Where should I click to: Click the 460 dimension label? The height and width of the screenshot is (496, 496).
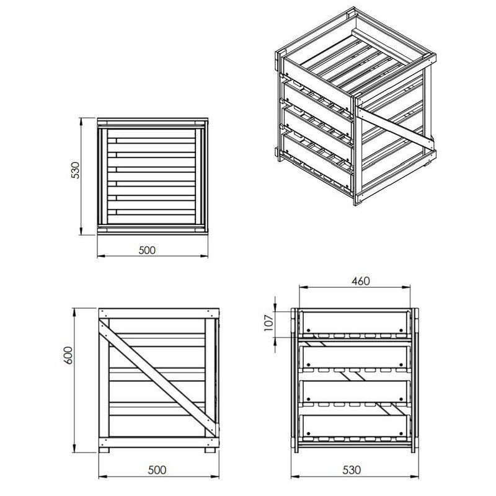point(360,281)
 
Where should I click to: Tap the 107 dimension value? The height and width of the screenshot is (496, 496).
point(268,322)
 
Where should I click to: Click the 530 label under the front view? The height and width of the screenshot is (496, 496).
point(352,470)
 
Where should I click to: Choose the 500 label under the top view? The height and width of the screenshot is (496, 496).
point(147,250)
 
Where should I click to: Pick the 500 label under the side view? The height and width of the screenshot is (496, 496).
point(157,470)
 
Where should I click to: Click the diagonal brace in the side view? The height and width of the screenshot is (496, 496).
point(158,378)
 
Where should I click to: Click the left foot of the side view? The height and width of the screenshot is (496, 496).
point(104,450)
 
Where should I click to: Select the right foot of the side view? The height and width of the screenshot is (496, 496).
point(210,450)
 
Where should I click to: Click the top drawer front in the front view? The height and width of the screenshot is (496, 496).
point(354,322)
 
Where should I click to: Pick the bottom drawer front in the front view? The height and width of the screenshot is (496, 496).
point(354,426)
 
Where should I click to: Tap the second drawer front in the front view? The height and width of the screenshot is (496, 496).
point(354,358)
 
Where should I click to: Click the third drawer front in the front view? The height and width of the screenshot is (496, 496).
point(354,392)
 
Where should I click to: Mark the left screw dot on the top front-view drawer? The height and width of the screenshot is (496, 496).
point(308,330)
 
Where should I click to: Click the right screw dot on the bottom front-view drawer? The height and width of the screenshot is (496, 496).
point(401,433)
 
